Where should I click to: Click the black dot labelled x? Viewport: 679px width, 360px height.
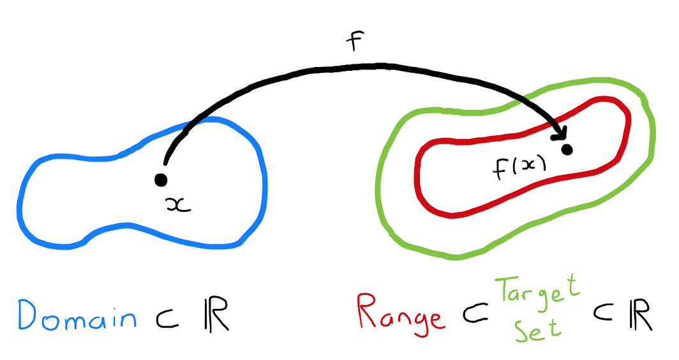click(x=161, y=180)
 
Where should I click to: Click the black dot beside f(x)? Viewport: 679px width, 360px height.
click(x=566, y=150)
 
